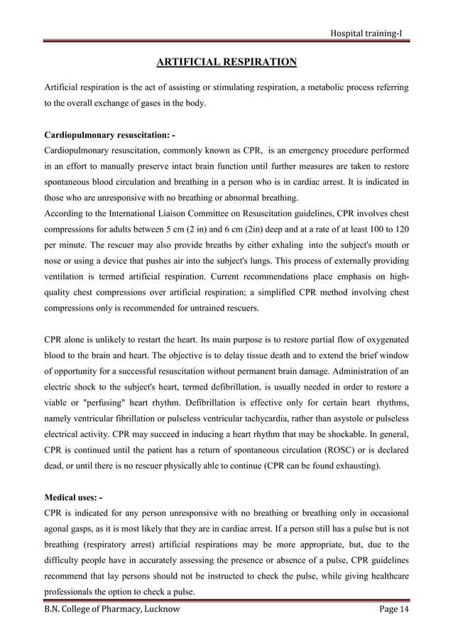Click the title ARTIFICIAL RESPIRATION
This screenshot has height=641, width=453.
click(x=226, y=63)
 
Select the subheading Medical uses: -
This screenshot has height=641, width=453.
click(x=73, y=497)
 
